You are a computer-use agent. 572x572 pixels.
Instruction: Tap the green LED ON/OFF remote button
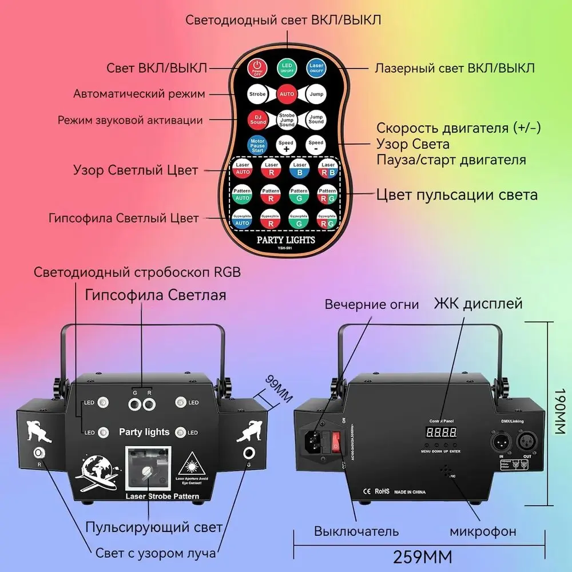point(286,69)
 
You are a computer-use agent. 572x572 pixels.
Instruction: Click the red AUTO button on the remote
point(286,93)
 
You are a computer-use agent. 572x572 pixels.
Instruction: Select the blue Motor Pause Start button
point(257,145)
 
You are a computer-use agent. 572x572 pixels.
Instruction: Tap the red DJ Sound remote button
point(257,119)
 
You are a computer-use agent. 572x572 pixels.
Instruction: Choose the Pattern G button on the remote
point(299,194)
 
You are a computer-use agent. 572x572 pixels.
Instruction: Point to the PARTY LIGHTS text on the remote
point(286,239)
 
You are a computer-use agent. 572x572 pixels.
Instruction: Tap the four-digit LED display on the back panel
point(442,434)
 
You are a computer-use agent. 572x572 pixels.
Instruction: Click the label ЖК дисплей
point(478,303)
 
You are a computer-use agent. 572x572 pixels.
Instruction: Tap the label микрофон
point(482,531)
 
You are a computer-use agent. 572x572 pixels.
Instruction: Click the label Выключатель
point(356,531)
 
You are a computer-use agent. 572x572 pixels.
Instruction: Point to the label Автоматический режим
point(139,93)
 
